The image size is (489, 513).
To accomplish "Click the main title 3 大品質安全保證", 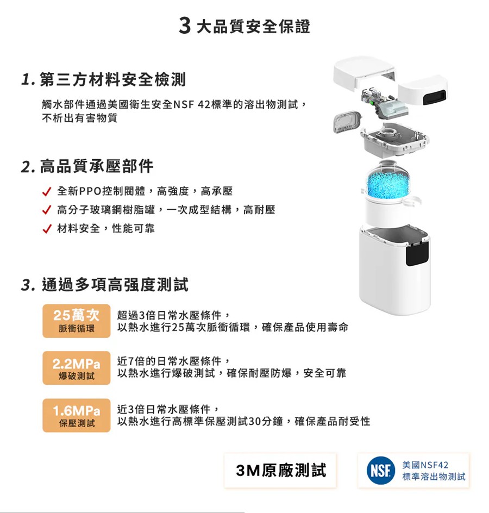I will pos(244,26).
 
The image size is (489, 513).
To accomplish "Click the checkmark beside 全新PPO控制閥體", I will pos(47,192).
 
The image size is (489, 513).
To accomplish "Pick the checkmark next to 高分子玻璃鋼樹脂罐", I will pos(47,210).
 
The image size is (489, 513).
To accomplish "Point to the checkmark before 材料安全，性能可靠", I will pos(47,229).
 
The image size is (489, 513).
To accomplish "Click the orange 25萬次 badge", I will pos(77,321).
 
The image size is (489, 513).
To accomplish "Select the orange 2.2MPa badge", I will pos(77,368).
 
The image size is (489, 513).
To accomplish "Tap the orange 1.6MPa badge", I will pos(77,416).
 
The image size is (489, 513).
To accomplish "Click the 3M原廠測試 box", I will pos(281,470).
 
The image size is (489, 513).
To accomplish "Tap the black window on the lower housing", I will pos(417,252).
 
